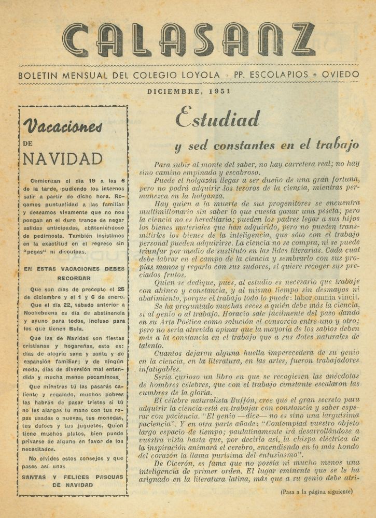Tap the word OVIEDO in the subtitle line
(x=340, y=75)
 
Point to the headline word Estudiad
(x=217, y=119)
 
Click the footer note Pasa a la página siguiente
(x=316, y=491)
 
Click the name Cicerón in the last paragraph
(x=186, y=464)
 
